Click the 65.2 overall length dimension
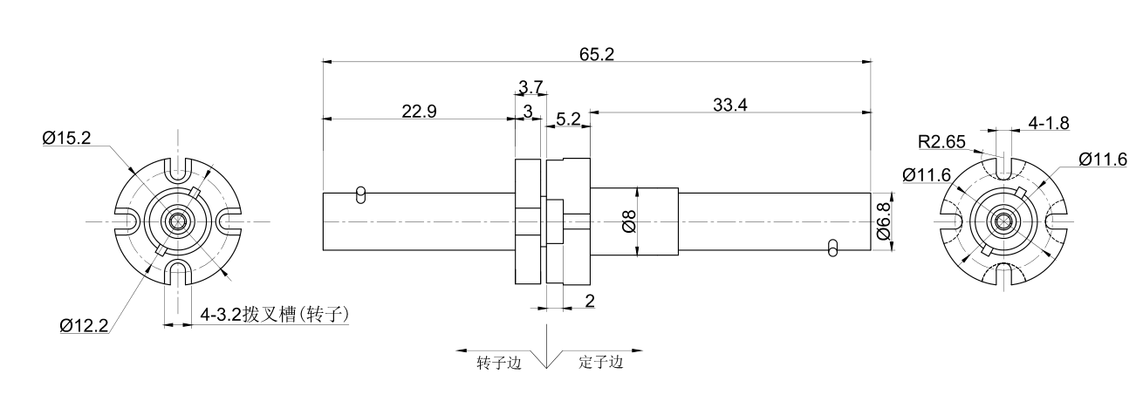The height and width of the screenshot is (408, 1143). click(597, 53)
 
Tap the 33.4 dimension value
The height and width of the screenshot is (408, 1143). click(731, 105)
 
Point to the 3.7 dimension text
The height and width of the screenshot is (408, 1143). click(530, 86)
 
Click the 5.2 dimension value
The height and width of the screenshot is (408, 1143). click(568, 119)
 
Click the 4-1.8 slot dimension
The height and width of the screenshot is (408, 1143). click(1049, 124)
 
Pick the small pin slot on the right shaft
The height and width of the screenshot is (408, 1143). click(833, 248)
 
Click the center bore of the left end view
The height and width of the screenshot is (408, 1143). click(179, 221)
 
